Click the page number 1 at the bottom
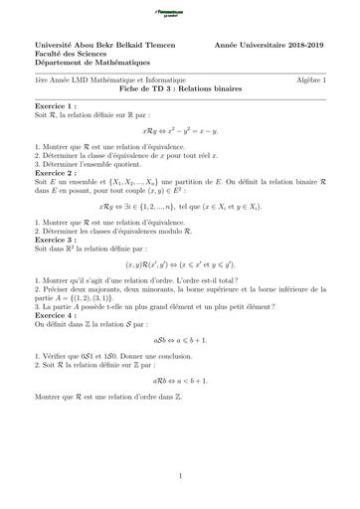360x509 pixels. tap(180, 476)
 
